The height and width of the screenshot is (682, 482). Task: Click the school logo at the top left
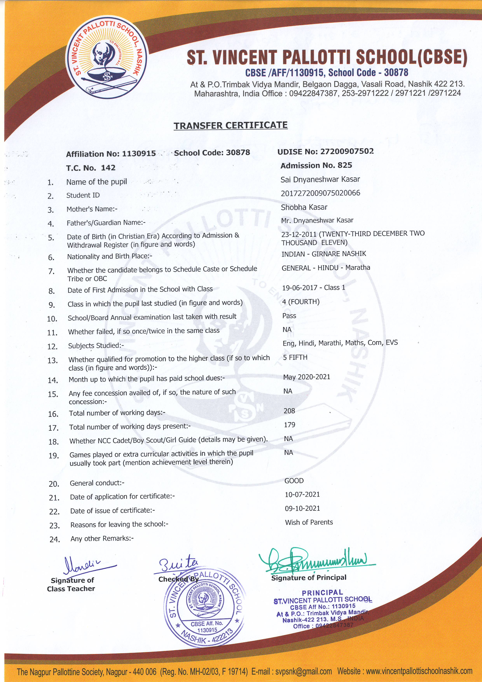click(106, 61)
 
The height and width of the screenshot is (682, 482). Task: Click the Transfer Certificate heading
click(231, 125)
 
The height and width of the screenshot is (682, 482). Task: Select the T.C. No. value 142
click(108, 168)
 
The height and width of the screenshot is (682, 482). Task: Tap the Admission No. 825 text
click(316, 165)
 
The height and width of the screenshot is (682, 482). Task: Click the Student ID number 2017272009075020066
click(320, 193)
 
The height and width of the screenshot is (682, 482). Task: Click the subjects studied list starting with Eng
click(340, 343)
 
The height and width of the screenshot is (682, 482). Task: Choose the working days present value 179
click(290, 425)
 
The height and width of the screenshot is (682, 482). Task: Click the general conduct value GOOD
click(294, 481)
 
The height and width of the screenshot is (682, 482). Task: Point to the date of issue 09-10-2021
click(302, 508)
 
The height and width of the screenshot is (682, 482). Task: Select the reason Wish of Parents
click(309, 522)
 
